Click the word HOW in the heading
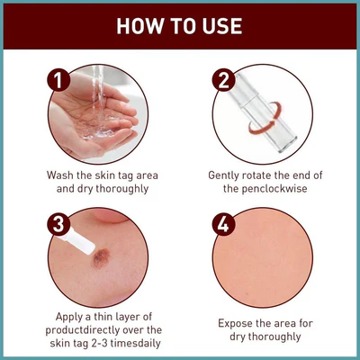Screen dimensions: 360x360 [137, 26]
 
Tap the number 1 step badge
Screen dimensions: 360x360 [58, 80]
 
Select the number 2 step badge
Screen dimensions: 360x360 [224, 80]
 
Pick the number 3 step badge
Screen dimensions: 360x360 [58, 224]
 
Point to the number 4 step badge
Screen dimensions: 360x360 [224, 224]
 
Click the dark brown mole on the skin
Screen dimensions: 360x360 [101, 257]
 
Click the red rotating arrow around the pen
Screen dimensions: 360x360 [265, 118]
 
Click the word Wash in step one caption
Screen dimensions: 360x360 [60, 175]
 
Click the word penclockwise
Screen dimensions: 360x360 [274, 189]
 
